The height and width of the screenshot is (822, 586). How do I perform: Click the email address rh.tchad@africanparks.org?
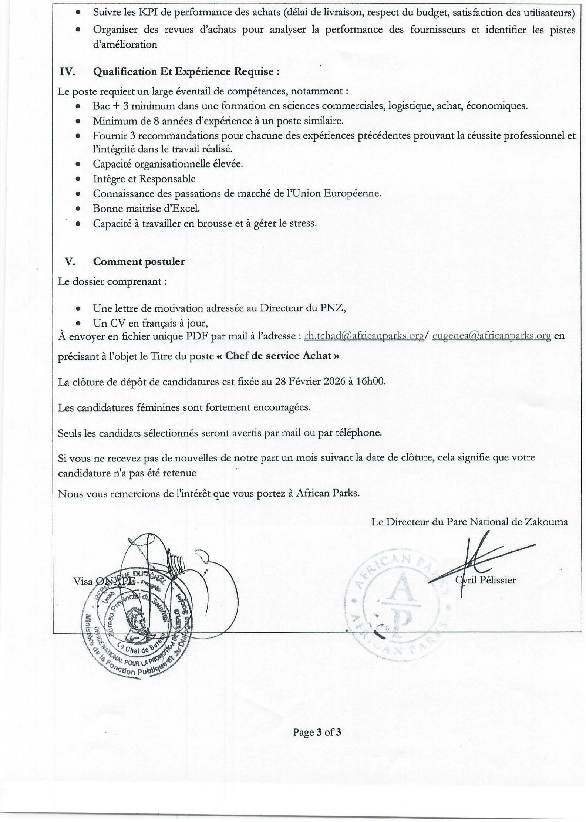coord(364,336)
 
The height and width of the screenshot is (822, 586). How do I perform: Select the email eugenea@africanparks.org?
coord(492,336)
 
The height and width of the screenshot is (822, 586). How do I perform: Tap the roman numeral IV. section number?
coord(68,72)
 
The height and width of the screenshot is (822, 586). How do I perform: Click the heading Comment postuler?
coord(139,261)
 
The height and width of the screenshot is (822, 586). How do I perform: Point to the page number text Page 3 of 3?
coord(317,732)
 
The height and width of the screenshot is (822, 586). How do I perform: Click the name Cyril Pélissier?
coord(485,580)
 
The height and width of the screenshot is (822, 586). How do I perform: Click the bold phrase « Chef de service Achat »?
coord(282,356)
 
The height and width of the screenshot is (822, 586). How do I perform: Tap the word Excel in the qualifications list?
coord(185,208)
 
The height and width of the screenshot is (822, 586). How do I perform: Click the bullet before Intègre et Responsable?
coord(78,179)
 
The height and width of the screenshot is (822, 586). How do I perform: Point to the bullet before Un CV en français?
coord(78,323)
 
